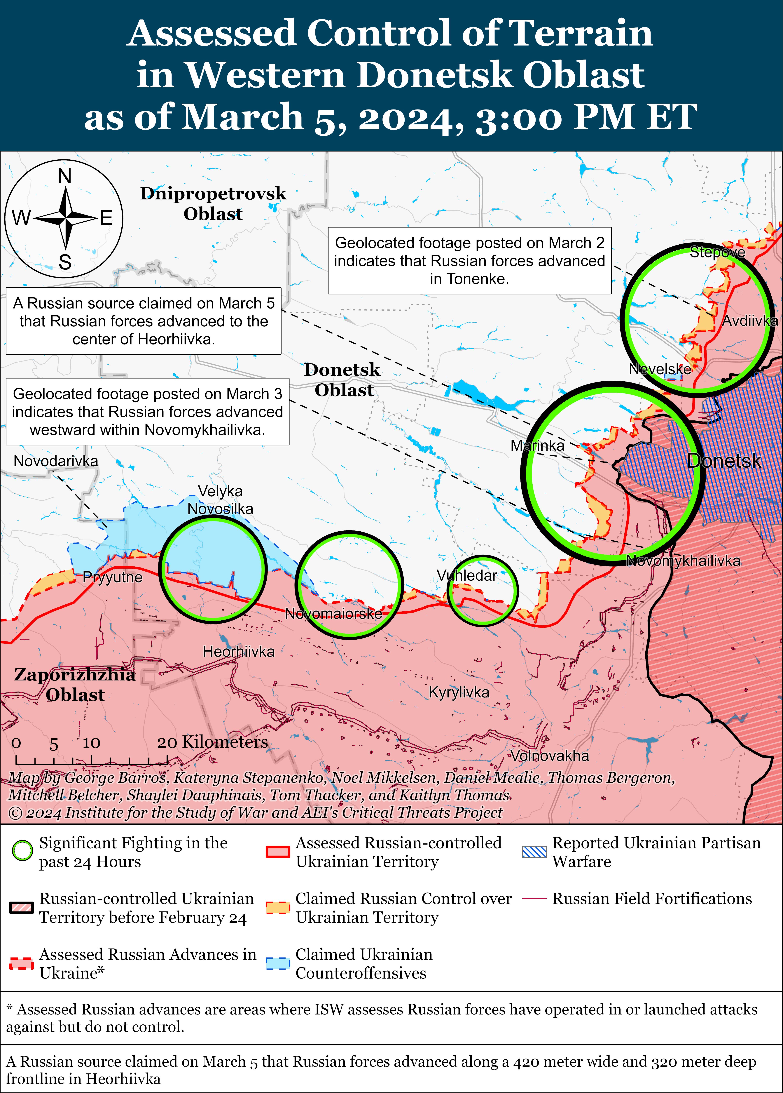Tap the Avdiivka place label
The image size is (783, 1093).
click(x=749, y=321)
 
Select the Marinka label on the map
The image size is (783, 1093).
click(x=537, y=445)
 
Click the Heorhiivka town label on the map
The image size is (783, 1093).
click(x=239, y=652)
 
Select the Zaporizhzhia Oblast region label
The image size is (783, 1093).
click(x=75, y=684)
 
